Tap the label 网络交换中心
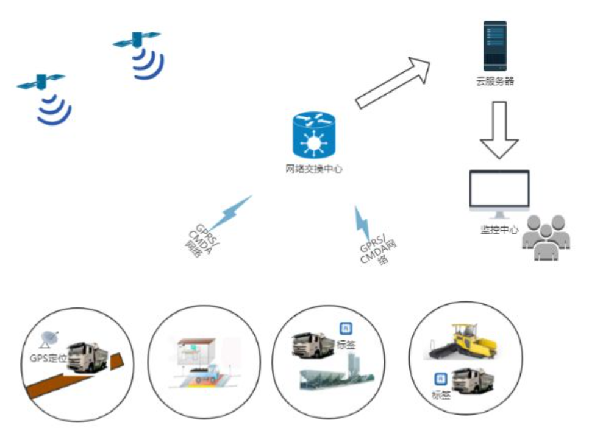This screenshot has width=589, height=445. (314, 169)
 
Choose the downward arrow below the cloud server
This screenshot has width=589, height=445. (499, 130)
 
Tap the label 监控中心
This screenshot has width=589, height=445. (499, 230)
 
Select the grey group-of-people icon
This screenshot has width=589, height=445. (546, 237)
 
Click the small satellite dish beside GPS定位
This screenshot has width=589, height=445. (49, 338)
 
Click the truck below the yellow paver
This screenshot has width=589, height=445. (474, 381)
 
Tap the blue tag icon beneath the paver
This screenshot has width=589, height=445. (440, 379)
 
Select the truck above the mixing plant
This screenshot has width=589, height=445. (312, 345)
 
